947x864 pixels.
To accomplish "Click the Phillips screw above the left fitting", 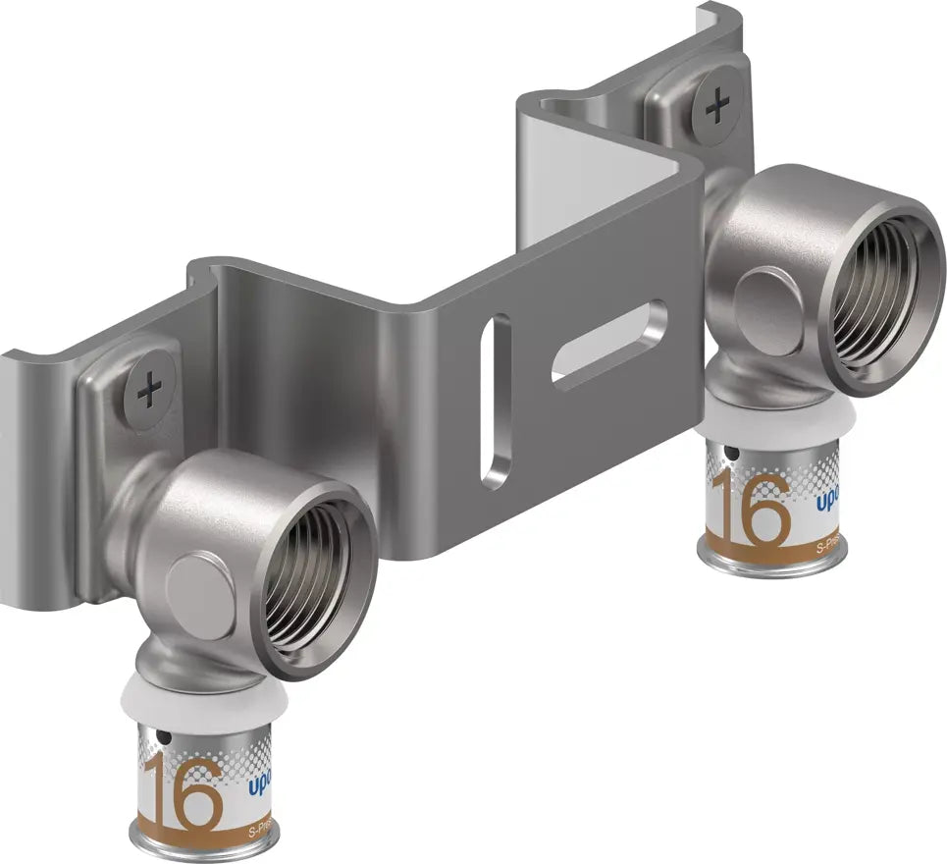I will click(150, 392).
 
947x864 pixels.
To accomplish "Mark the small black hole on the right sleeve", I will click(729, 455).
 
